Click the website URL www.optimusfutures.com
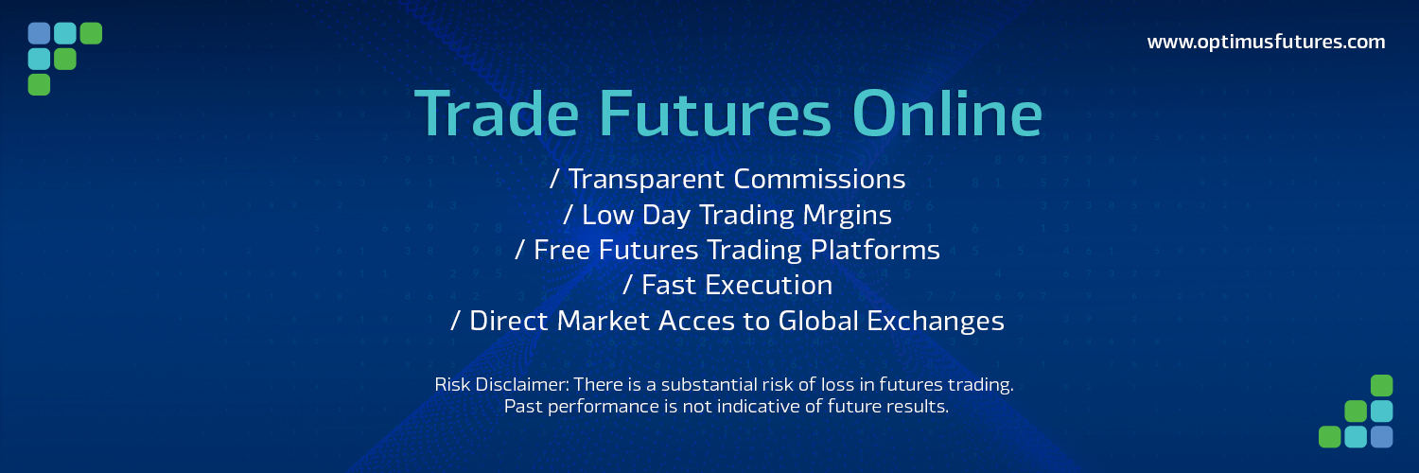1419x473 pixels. tap(1266, 42)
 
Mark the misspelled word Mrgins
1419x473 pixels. tap(841, 215)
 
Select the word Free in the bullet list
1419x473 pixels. tap(563, 250)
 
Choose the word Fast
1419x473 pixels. tap(666, 285)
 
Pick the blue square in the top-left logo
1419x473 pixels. tap(39, 34)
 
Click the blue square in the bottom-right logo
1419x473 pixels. tap(1382, 436)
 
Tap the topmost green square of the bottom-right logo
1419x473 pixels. tap(1382, 386)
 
